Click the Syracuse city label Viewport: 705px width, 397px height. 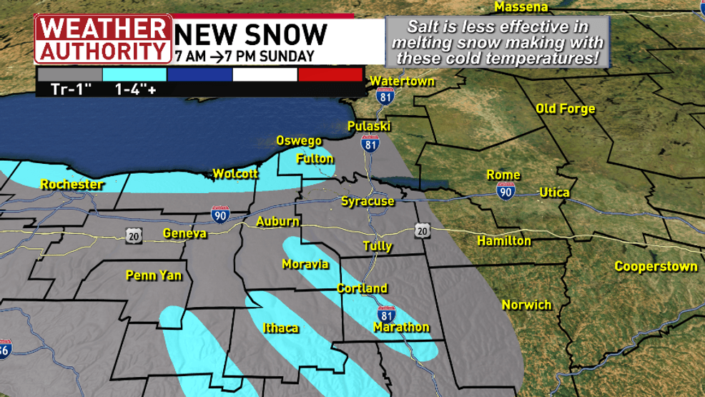tap(368, 201)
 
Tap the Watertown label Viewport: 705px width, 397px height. tap(402, 81)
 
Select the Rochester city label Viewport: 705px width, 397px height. tap(72, 185)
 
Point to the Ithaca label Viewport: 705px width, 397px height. tap(280, 328)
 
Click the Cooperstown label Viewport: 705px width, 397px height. tap(656, 266)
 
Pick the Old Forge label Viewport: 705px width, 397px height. tap(565, 109)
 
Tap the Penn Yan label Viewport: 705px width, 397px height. tap(154, 275)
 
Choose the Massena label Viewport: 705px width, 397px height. tap(521, 7)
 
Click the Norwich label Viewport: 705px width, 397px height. tap(526, 305)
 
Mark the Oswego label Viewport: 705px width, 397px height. tap(299, 141)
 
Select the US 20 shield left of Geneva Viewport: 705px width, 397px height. tap(132, 235)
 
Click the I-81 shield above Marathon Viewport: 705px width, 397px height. tap(386, 313)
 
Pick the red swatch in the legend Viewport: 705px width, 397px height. tap(330, 74)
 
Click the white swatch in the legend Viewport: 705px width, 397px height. tap(265, 74)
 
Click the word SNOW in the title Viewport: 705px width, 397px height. tap(288, 34)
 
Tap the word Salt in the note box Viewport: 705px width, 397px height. tap(422, 27)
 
